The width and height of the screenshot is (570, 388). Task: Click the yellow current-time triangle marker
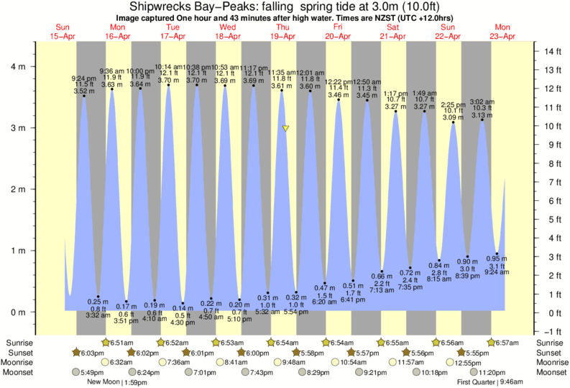click(x=286, y=128)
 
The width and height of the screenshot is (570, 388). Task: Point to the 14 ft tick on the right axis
click(x=552, y=51)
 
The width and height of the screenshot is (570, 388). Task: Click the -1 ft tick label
click(x=551, y=331)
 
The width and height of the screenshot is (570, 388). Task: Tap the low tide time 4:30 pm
click(x=183, y=322)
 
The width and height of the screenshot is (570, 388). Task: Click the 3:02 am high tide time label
click(x=482, y=101)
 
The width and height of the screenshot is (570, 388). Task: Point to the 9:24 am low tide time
click(x=496, y=272)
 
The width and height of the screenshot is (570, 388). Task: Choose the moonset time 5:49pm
click(x=91, y=373)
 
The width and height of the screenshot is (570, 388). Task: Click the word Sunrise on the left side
click(x=17, y=343)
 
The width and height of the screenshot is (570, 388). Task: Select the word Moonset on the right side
click(x=550, y=373)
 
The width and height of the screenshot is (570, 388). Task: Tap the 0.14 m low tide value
click(x=183, y=307)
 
